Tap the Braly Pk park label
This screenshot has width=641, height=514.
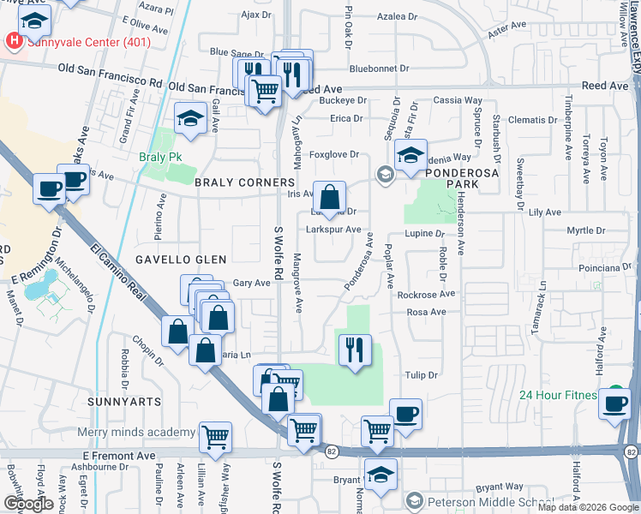pos(155,158)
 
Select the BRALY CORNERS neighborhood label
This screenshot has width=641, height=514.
pos(244,183)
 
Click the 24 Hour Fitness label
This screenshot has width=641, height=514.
pos(560,395)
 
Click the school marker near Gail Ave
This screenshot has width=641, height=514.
pos(189,118)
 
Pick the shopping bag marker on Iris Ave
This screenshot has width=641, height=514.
pos(329,197)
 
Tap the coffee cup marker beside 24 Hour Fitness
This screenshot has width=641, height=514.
pos(614,403)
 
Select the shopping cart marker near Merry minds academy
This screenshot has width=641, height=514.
pos(216,438)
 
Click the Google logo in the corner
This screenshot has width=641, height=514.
pos(29,503)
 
